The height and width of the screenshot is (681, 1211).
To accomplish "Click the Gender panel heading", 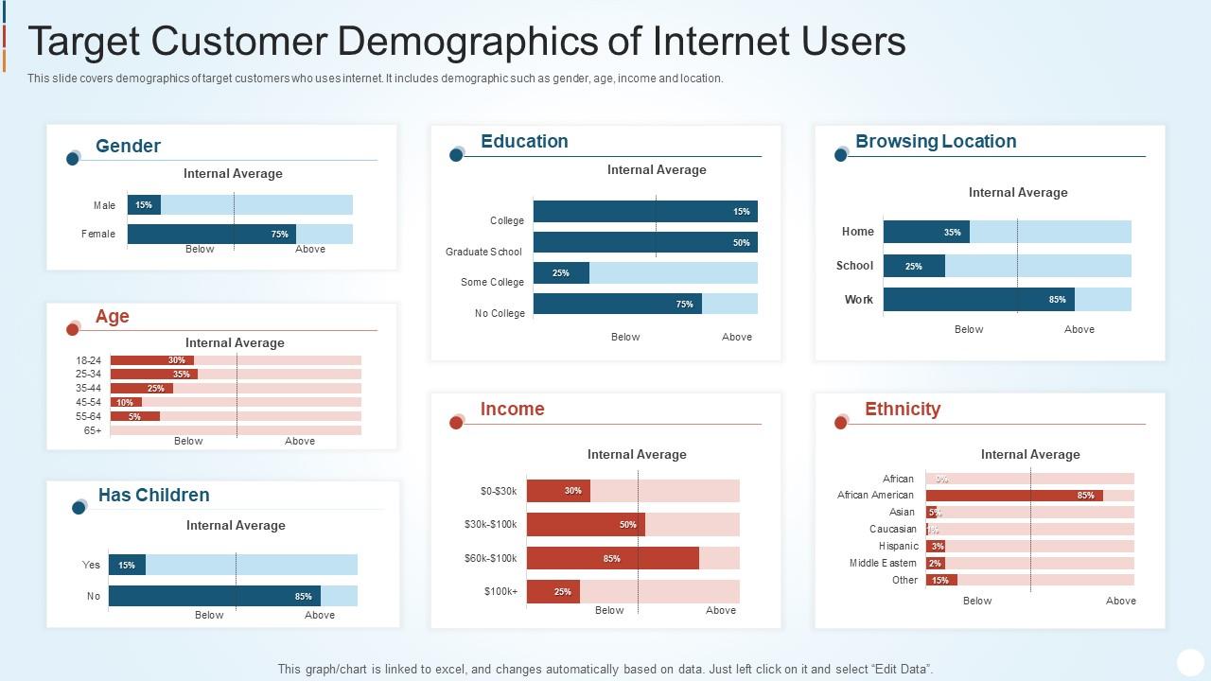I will (x=128, y=146).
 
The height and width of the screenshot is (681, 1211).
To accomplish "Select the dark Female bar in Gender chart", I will (x=211, y=234).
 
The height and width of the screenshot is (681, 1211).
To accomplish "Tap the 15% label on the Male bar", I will (x=143, y=204).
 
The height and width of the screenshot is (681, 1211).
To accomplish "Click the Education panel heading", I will (x=524, y=141).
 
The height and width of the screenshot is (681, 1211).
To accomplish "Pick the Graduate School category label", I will (x=483, y=252).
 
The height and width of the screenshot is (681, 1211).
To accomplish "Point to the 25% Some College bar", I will (x=561, y=273).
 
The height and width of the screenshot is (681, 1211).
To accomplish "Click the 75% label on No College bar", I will (x=684, y=304).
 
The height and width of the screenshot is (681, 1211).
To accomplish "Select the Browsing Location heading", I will (x=936, y=141).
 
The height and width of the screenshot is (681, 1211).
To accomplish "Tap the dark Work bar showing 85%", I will (x=978, y=300).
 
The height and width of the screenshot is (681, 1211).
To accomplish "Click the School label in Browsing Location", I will (x=854, y=266).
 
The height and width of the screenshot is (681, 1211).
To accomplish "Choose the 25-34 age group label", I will (x=88, y=374).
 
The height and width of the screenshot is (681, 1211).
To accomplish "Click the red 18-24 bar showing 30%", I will (x=151, y=360).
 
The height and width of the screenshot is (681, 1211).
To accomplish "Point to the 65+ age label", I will (x=93, y=430).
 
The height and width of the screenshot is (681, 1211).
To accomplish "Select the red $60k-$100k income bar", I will (x=612, y=558).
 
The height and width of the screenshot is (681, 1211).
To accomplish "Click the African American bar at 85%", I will (x=1013, y=496).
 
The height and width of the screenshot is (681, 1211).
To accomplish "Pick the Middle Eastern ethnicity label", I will (x=882, y=563).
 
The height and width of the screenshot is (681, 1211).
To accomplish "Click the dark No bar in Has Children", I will (x=214, y=596).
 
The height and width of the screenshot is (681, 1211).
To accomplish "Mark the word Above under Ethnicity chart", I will (x=1121, y=601).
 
